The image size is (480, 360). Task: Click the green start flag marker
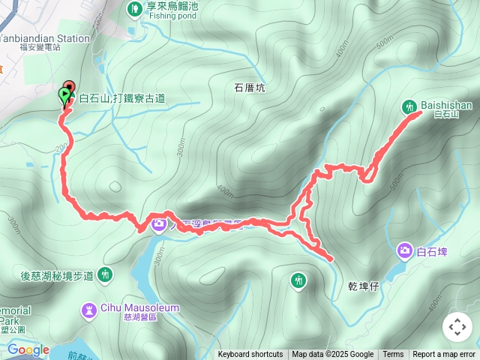[x=64, y=96]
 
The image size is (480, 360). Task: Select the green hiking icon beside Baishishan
[x=410, y=106]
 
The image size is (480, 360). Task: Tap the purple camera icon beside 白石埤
[x=405, y=250]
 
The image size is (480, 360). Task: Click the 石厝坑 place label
[x=250, y=88]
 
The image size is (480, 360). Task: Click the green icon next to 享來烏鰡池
[x=134, y=9]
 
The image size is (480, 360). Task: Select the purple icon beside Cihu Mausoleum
[x=90, y=308]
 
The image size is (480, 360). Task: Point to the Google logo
[x=28, y=349]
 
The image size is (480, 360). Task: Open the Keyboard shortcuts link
[x=250, y=355]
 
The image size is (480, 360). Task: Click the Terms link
[x=393, y=355]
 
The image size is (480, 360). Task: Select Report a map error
[x=444, y=355]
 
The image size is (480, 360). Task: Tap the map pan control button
[x=457, y=327]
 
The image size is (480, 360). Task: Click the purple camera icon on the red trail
[x=159, y=223]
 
